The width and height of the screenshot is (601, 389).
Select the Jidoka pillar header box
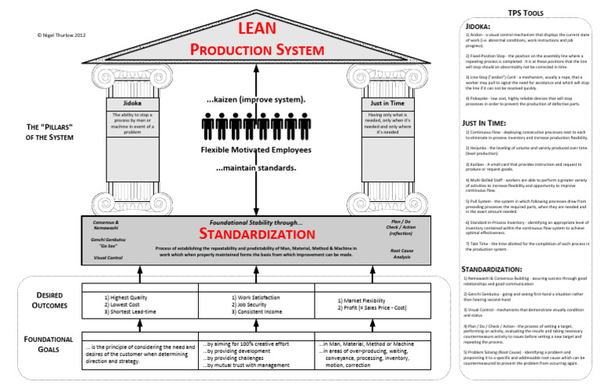click(132, 103)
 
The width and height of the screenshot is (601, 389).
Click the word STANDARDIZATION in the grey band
click(257, 234)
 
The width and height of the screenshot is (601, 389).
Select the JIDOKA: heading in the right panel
click(480, 27)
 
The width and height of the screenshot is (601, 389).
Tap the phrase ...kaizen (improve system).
click(256, 100)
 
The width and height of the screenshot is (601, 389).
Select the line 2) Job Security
click(255, 304)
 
